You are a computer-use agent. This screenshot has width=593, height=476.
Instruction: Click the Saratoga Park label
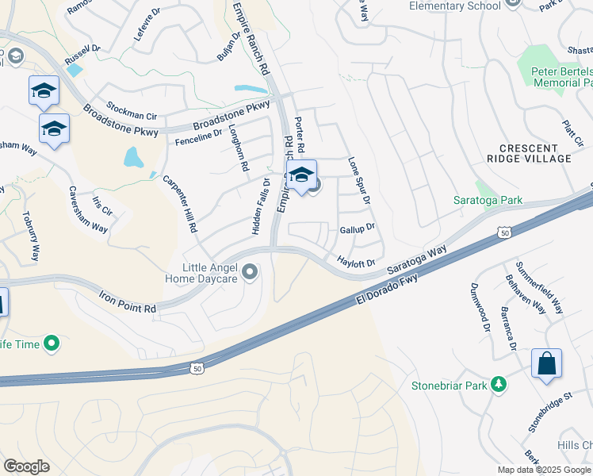pyautogui.click(x=488, y=201)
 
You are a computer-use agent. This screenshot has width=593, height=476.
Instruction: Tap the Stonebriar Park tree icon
pyautogui.click(x=499, y=385)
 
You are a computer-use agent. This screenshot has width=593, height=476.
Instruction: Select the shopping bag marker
pyautogui.click(x=546, y=364)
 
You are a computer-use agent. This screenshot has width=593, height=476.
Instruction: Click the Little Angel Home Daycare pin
pyautogui.click(x=251, y=274)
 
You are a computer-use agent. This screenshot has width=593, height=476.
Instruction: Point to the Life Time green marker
pyautogui.click(x=52, y=344)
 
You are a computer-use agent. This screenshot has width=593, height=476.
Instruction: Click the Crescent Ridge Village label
pyautogui.click(x=535, y=153)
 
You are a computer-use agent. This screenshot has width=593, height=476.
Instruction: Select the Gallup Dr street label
pyautogui.click(x=357, y=228)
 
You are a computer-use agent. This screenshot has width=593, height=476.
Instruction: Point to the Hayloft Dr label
pyautogui.click(x=355, y=260)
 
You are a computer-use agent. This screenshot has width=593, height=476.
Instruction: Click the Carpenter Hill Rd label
pyautogui.click(x=180, y=202)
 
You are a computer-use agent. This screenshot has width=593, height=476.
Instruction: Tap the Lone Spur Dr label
pyautogui.click(x=359, y=180)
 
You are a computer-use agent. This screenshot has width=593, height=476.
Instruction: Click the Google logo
pyautogui.click(x=26, y=466)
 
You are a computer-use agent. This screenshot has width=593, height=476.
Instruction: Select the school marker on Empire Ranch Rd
pyautogui.click(x=301, y=176)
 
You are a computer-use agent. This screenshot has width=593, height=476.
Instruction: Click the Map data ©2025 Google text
pyautogui.click(x=544, y=470)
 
